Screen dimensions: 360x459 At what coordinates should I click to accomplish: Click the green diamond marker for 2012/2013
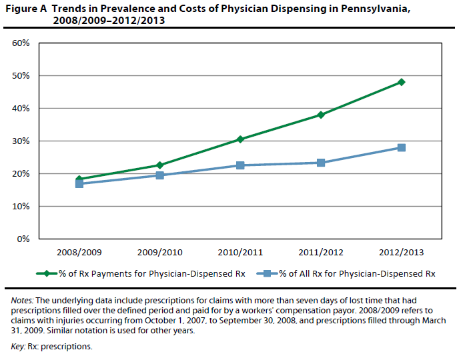point(402,82)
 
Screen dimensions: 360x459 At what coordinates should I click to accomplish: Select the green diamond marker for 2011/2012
point(321,115)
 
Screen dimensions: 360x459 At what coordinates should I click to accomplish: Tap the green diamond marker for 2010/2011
point(240,139)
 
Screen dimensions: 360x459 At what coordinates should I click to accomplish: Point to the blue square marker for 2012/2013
point(402,147)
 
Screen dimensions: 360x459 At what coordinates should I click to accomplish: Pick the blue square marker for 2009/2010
point(159,175)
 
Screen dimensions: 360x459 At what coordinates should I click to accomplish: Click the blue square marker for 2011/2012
point(321,163)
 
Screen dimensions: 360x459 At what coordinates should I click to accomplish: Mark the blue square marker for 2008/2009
point(79,183)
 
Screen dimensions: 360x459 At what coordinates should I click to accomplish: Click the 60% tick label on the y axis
point(21,43)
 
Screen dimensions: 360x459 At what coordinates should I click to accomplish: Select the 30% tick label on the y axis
point(21,141)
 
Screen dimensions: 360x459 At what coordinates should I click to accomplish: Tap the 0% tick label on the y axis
point(23,239)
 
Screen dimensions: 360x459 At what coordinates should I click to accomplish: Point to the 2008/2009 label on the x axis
point(79,253)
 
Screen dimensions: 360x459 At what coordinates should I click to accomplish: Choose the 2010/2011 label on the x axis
point(240,253)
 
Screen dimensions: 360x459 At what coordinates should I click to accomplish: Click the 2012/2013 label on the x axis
point(402,253)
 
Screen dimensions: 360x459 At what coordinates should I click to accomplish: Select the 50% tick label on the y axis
point(21,76)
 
